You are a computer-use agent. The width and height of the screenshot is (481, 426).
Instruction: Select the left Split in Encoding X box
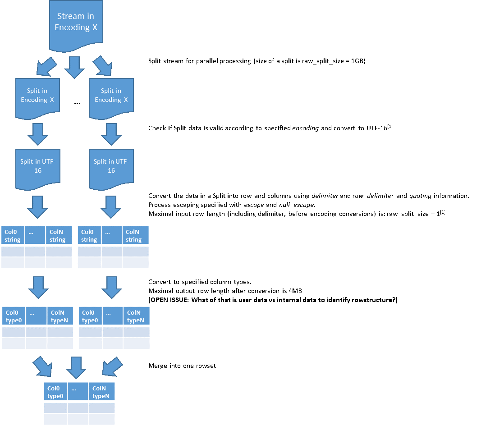[x=37, y=97]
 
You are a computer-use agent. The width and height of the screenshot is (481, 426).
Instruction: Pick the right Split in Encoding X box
[x=111, y=97]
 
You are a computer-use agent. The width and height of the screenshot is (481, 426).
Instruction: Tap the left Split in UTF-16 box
[x=37, y=167]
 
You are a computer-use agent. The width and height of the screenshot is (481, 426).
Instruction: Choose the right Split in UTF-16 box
[x=111, y=167]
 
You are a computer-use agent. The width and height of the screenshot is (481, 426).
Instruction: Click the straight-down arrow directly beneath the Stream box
[x=74, y=67]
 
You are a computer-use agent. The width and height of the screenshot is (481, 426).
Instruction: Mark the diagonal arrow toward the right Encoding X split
[x=103, y=66]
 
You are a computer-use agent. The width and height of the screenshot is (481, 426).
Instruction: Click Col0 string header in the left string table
[x=13, y=236]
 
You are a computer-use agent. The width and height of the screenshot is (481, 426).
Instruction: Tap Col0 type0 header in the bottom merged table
[x=55, y=392]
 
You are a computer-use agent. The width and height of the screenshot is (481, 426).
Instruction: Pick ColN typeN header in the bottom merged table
[x=102, y=392]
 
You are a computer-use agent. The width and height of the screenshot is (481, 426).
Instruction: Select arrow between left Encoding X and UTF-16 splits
[x=37, y=134]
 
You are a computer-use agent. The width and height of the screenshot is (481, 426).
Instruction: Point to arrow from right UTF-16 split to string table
[x=111, y=207]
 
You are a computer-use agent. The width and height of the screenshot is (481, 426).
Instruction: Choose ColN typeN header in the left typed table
[x=60, y=316]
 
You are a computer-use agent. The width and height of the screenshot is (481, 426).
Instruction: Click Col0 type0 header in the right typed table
[x=90, y=316]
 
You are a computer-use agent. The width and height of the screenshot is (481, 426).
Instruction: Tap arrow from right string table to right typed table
[x=111, y=287]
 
